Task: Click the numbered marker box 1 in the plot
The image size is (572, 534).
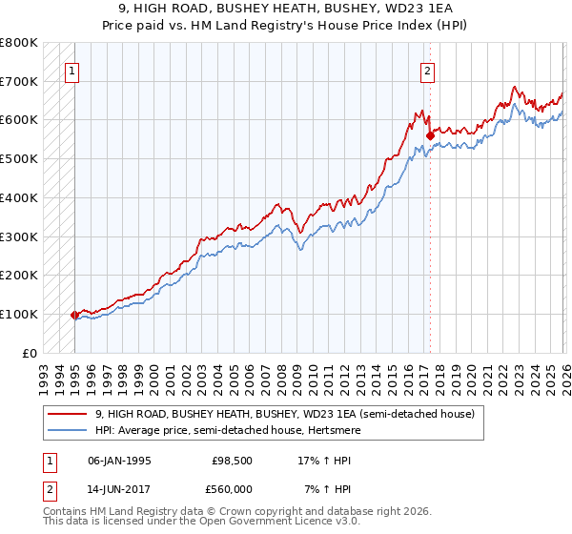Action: tap(73, 70)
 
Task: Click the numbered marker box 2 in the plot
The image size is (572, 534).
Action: tap(428, 70)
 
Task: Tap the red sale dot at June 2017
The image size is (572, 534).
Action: tap(430, 135)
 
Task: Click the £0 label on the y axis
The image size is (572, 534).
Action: tap(31, 353)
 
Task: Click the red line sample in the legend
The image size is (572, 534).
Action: tap(68, 414)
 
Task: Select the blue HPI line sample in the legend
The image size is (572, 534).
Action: tap(68, 430)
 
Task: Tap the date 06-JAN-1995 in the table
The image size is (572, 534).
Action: tap(119, 461)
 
